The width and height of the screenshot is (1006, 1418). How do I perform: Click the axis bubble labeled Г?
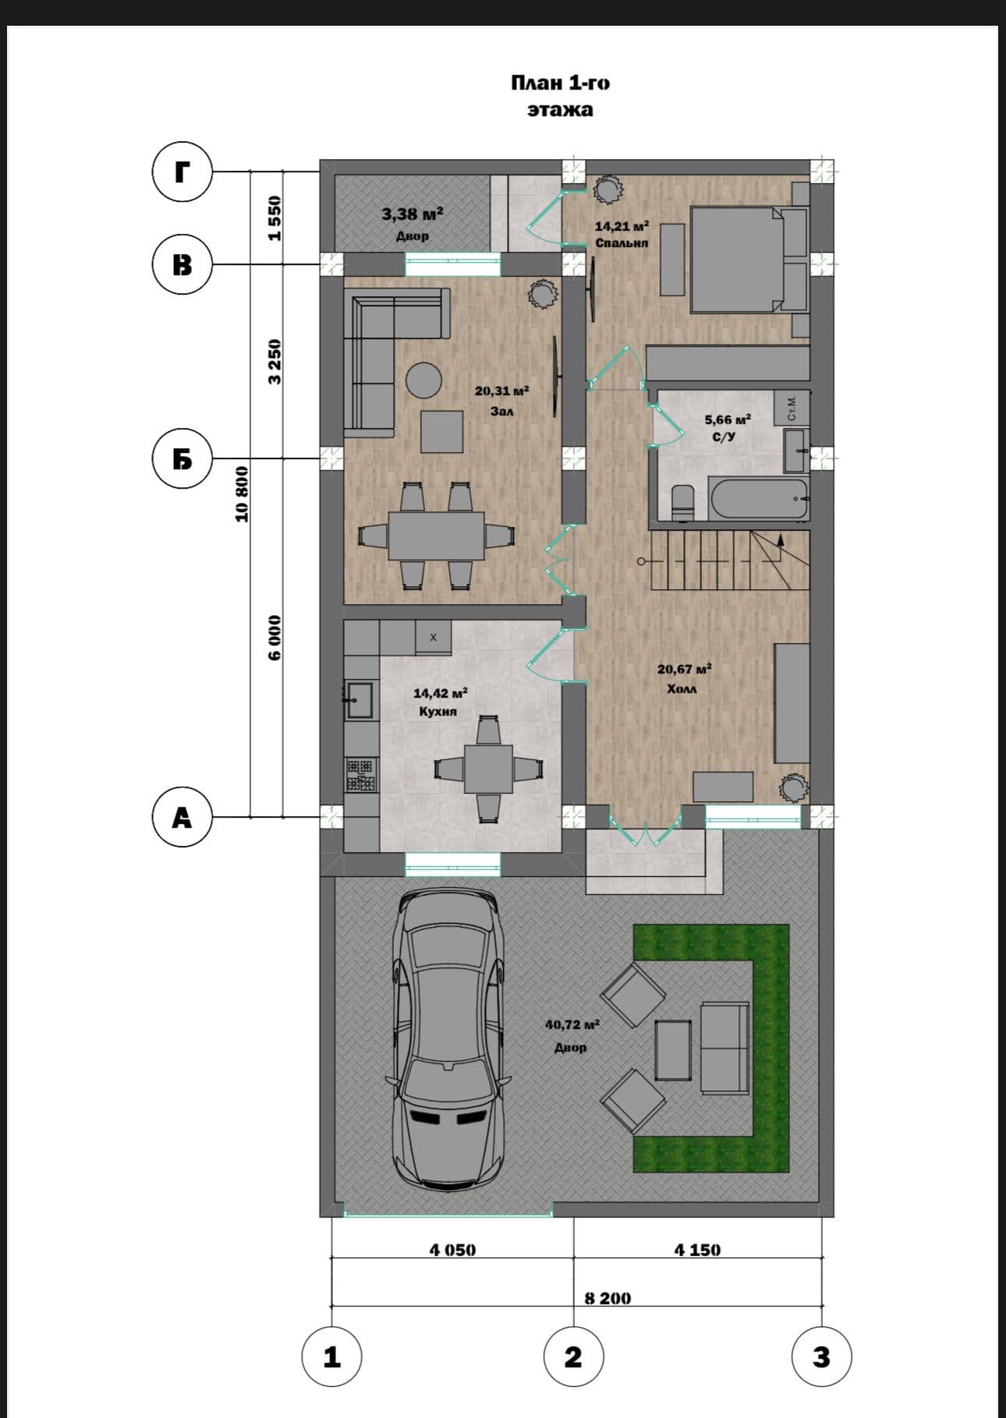(182, 172)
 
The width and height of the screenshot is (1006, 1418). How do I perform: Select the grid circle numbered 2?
(573, 1357)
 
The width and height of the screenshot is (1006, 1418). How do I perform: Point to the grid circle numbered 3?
(821, 1357)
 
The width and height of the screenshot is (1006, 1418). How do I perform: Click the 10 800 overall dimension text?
(243, 494)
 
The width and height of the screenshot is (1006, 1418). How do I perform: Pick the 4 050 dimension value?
(452, 1250)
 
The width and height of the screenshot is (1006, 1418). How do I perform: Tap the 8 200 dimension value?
(608, 1298)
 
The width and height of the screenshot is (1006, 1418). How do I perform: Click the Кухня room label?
(437, 711)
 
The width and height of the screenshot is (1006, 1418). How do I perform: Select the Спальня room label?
(622, 243)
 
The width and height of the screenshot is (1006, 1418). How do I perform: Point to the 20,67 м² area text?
(684, 669)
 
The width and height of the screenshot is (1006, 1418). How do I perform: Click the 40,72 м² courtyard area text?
(572, 1024)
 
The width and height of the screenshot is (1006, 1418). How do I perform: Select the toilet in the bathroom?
(683, 500)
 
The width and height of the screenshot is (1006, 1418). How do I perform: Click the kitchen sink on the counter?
(360, 699)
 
